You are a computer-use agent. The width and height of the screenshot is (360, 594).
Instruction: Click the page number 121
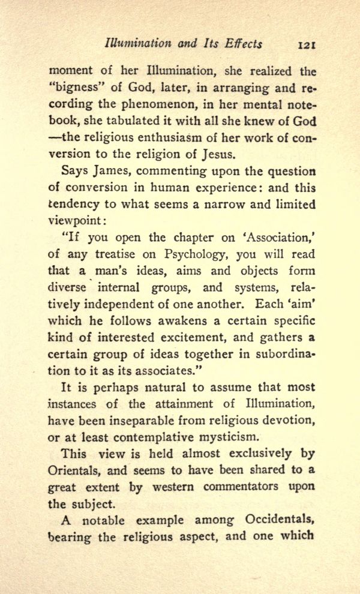[306, 44]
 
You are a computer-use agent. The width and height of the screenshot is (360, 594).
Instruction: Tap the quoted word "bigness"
[73, 88]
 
